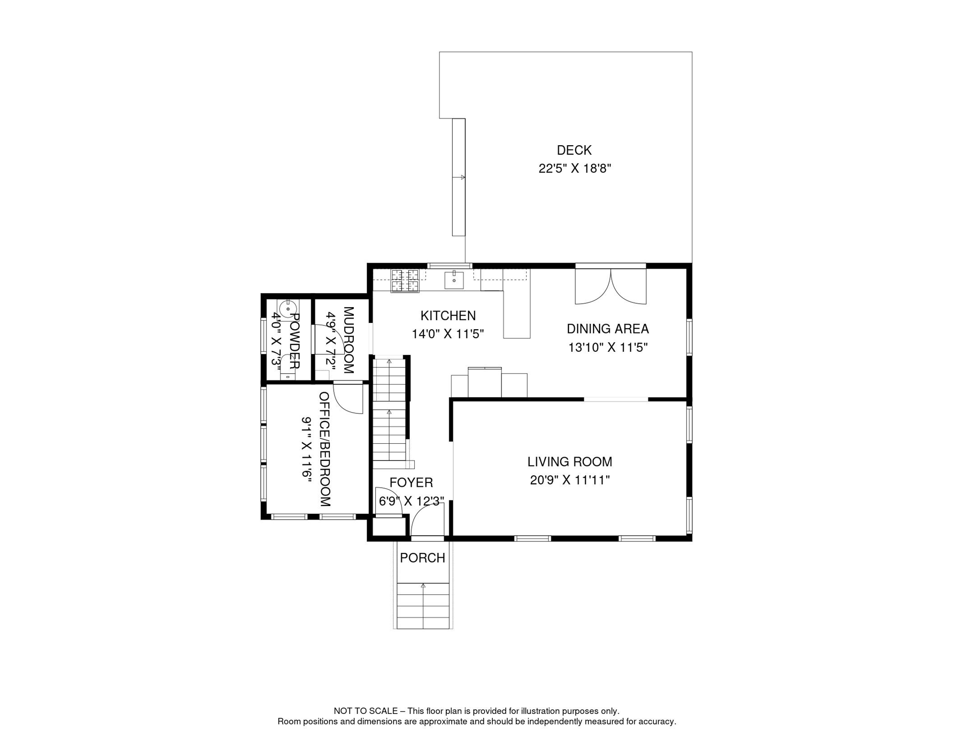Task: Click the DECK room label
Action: pyautogui.click(x=574, y=150)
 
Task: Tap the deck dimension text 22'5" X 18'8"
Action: pyautogui.click(x=574, y=169)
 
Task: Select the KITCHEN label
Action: pyautogui.click(x=448, y=316)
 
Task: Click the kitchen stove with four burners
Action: pyautogui.click(x=405, y=281)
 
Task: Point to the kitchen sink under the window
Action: pyautogui.click(x=453, y=280)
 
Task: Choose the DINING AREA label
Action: pyautogui.click(x=607, y=329)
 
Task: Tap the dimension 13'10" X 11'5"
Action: pyautogui.click(x=607, y=347)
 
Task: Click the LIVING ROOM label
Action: pyautogui.click(x=569, y=462)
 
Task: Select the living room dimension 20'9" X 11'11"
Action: pyautogui.click(x=569, y=480)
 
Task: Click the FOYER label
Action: pyautogui.click(x=411, y=483)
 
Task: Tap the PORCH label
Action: pyautogui.click(x=422, y=558)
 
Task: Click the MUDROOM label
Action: pyautogui.click(x=349, y=340)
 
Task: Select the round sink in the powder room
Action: pyautogui.click(x=289, y=309)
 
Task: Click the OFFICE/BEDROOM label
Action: pyautogui.click(x=325, y=449)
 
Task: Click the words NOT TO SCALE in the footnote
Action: pyautogui.click(x=365, y=711)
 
